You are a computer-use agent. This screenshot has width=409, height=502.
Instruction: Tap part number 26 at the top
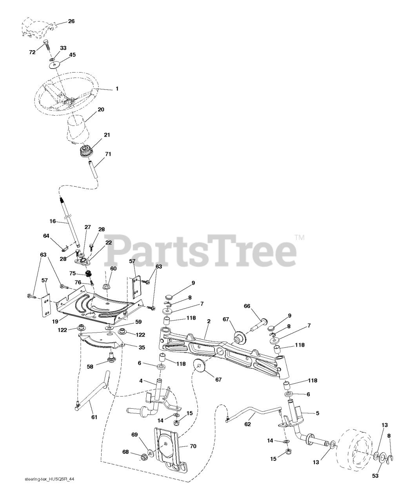point(71,21)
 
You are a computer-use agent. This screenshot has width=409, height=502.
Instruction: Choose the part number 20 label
point(101,109)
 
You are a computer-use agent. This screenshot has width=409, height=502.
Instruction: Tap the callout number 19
point(55,320)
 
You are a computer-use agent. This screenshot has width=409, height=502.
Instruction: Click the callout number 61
point(94,417)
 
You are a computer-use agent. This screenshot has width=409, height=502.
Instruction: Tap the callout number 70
point(193,446)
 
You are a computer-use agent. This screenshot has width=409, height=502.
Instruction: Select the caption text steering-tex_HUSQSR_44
point(49,490)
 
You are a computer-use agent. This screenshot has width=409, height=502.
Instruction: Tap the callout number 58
point(91,366)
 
